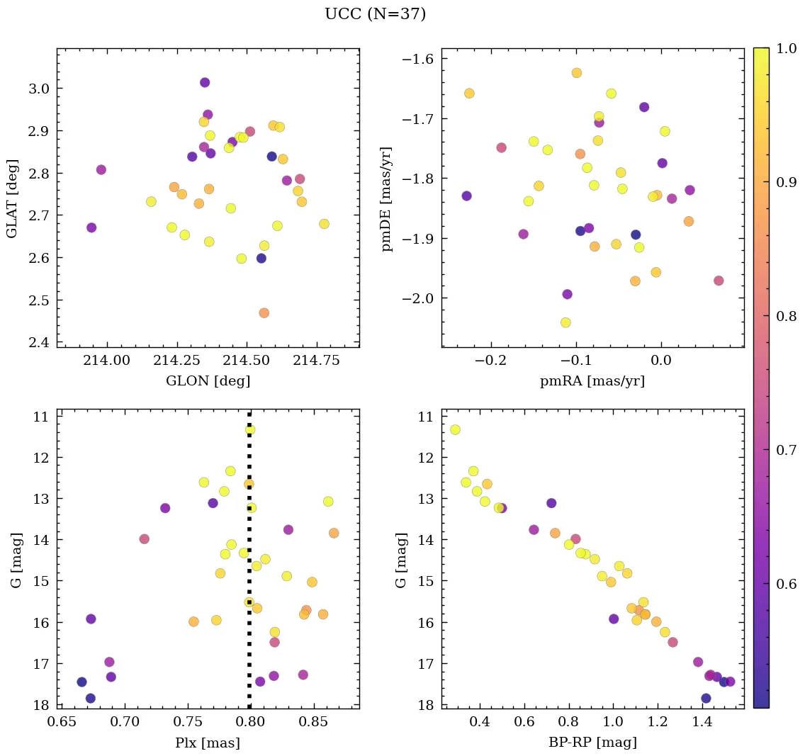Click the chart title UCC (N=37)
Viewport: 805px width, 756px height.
375,14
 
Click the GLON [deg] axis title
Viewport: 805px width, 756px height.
208,381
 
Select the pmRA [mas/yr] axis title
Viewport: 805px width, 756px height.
592,381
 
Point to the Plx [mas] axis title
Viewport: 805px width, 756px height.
208,743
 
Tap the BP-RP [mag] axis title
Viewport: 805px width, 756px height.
592,743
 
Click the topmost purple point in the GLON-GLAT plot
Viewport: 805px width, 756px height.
205,82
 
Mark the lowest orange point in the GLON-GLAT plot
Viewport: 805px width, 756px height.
264,312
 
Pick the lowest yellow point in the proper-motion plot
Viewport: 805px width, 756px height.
565,322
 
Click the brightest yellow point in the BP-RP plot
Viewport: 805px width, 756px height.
455,429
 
